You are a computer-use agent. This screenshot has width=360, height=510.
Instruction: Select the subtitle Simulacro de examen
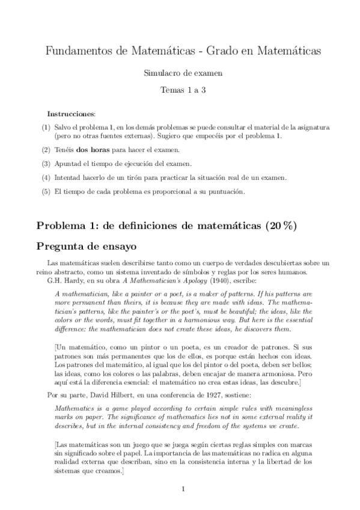[183, 73]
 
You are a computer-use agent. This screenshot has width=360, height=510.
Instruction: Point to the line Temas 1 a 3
[183, 89]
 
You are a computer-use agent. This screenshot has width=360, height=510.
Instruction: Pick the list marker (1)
[46, 127]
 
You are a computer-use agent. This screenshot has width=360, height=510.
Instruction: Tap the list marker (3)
[46, 164]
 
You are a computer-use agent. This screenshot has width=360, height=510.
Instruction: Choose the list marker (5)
[46, 192]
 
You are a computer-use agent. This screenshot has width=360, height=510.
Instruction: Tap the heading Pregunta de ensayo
[87, 246]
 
